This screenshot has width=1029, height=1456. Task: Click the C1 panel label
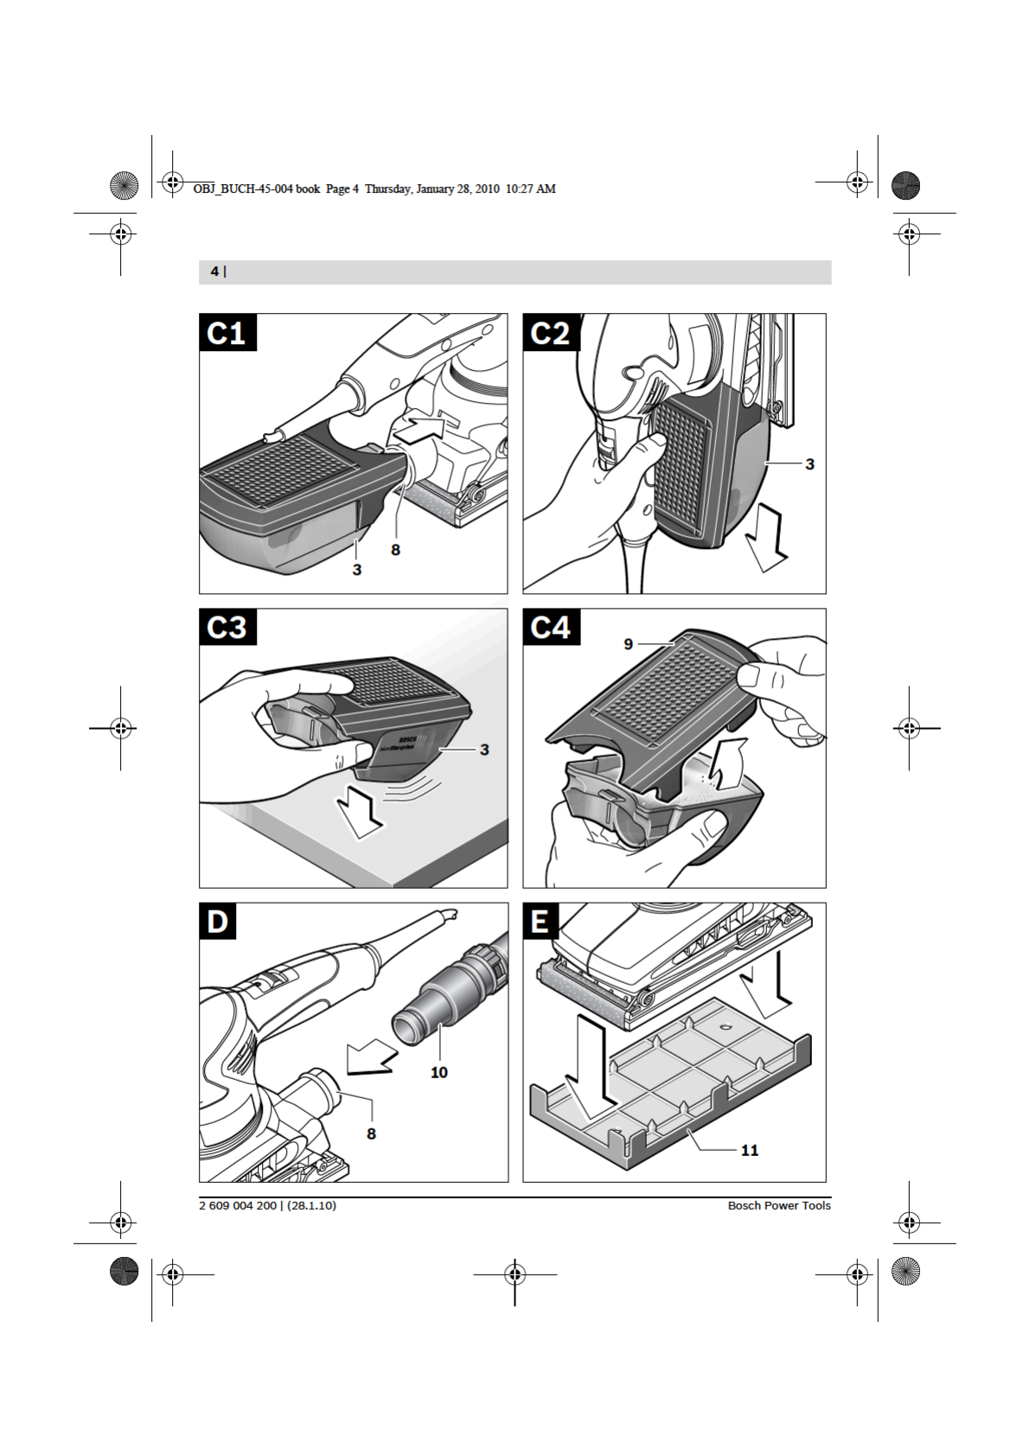pyautogui.click(x=227, y=333)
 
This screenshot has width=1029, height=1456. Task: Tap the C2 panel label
pyautogui.click(x=551, y=333)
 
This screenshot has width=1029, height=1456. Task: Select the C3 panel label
pyautogui.click(x=227, y=627)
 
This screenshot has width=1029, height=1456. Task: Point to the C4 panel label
pyautogui.click(x=551, y=627)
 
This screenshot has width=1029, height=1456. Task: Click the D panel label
pyautogui.click(x=218, y=921)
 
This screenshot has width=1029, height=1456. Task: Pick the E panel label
pyautogui.click(x=540, y=921)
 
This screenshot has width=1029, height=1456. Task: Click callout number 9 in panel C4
pyautogui.click(x=628, y=644)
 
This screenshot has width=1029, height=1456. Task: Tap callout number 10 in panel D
pyautogui.click(x=438, y=1072)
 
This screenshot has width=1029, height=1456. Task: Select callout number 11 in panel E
pyautogui.click(x=750, y=1151)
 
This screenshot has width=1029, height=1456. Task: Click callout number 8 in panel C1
pyautogui.click(x=395, y=550)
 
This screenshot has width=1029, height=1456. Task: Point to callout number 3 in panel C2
pyautogui.click(x=809, y=464)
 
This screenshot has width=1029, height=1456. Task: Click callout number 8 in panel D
pyautogui.click(x=371, y=1134)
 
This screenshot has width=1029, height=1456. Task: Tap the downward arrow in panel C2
pyautogui.click(x=766, y=542)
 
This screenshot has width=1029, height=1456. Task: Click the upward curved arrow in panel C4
pyautogui.click(x=726, y=763)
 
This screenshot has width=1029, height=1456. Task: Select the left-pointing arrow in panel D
pyautogui.click(x=371, y=1057)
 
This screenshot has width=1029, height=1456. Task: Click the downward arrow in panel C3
pyautogui.click(x=360, y=815)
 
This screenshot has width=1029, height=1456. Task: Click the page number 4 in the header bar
pyautogui.click(x=214, y=271)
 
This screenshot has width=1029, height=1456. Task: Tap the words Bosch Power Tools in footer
pyautogui.click(x=779, y=1206)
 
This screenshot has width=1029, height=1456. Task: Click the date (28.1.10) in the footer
pyautogui.click(x=311, y=1206)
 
